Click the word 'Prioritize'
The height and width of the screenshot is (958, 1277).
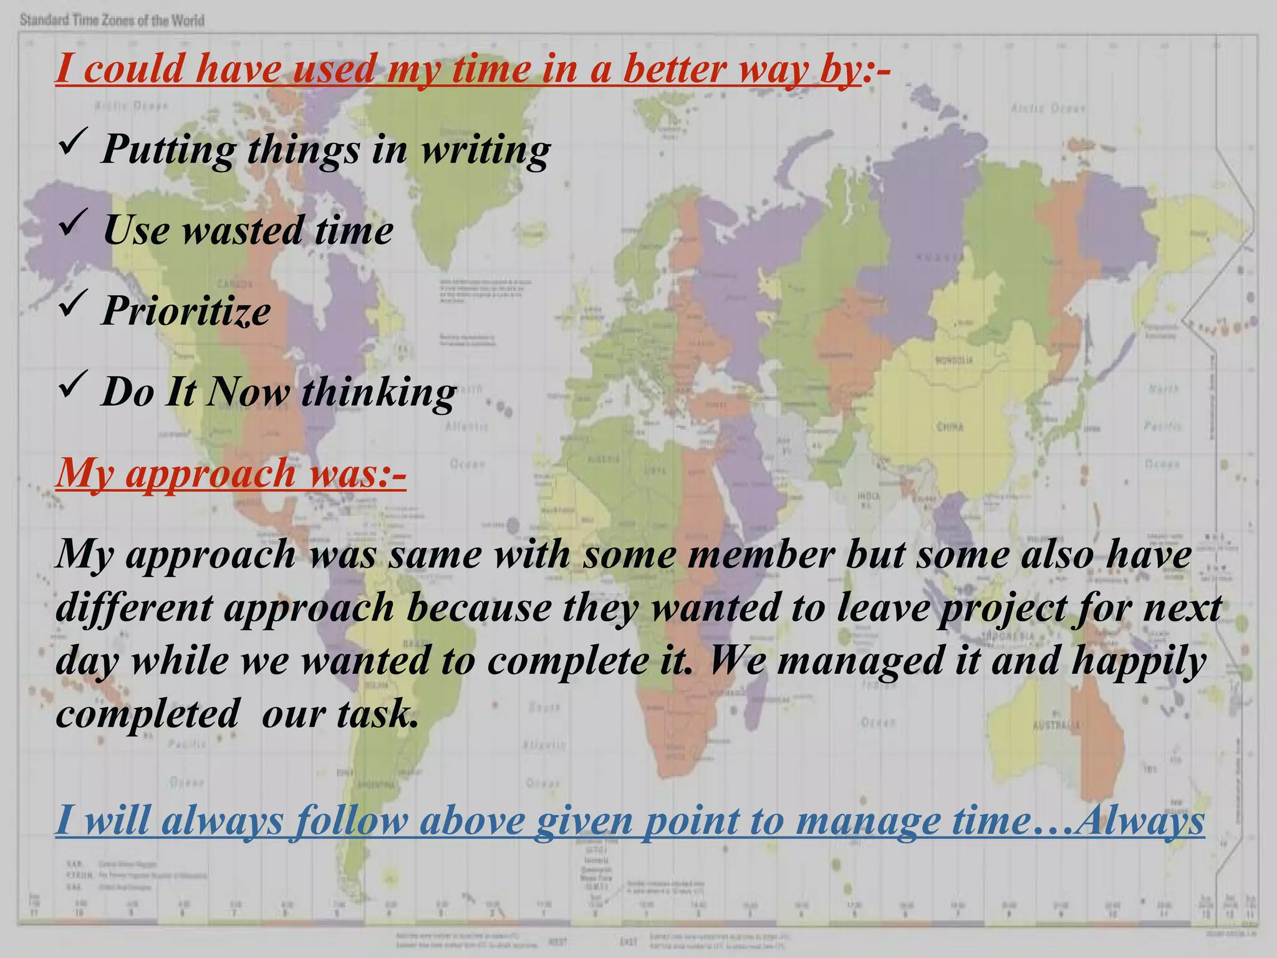tap(186, 311)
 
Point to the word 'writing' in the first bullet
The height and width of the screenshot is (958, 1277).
tap(485, 150)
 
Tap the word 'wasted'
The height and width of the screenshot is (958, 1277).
tap(242, 230)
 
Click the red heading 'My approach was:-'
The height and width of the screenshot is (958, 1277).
tap(231, 472)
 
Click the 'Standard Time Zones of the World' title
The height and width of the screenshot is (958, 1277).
tap(112, 21)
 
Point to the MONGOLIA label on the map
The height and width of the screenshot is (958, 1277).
tap(954, 360)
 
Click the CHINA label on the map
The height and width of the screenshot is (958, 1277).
tap(950, 427)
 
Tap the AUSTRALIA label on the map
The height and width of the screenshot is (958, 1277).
tap(1056, 725)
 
